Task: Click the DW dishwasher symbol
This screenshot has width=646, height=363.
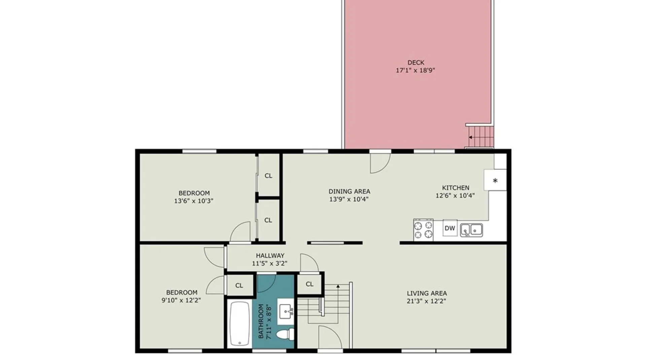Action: click(x=450, y=228)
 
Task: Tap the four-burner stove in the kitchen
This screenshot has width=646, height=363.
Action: click(x=423, y=230)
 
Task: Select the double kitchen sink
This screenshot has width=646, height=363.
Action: click(x=471, y=230)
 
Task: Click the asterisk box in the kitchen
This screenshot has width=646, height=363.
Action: click(x=495, y=180)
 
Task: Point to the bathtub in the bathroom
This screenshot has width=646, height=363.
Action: click(x=239, y=324)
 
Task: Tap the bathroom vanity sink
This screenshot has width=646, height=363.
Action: click(x=286, y=312)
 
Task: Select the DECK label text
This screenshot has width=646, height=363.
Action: click(x=416, y=63)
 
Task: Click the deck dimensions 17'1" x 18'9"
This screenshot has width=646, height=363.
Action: click(x=416, y=71)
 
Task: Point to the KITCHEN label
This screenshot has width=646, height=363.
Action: click(x=456, y=188)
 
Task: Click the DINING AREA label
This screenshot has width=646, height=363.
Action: click(x=349, y=191)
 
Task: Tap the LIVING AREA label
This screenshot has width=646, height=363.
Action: click(x=427, y=293)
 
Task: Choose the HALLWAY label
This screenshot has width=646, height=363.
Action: click(x=270, y=255)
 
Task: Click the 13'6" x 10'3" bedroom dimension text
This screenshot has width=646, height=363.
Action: click(x=194, y=201)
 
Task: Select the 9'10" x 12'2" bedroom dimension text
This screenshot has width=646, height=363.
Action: click(x=181, y=300)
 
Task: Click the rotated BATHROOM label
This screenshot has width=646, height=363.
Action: click(x=261, y=321)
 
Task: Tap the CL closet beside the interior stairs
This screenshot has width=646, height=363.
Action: click(x=310, y=284)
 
